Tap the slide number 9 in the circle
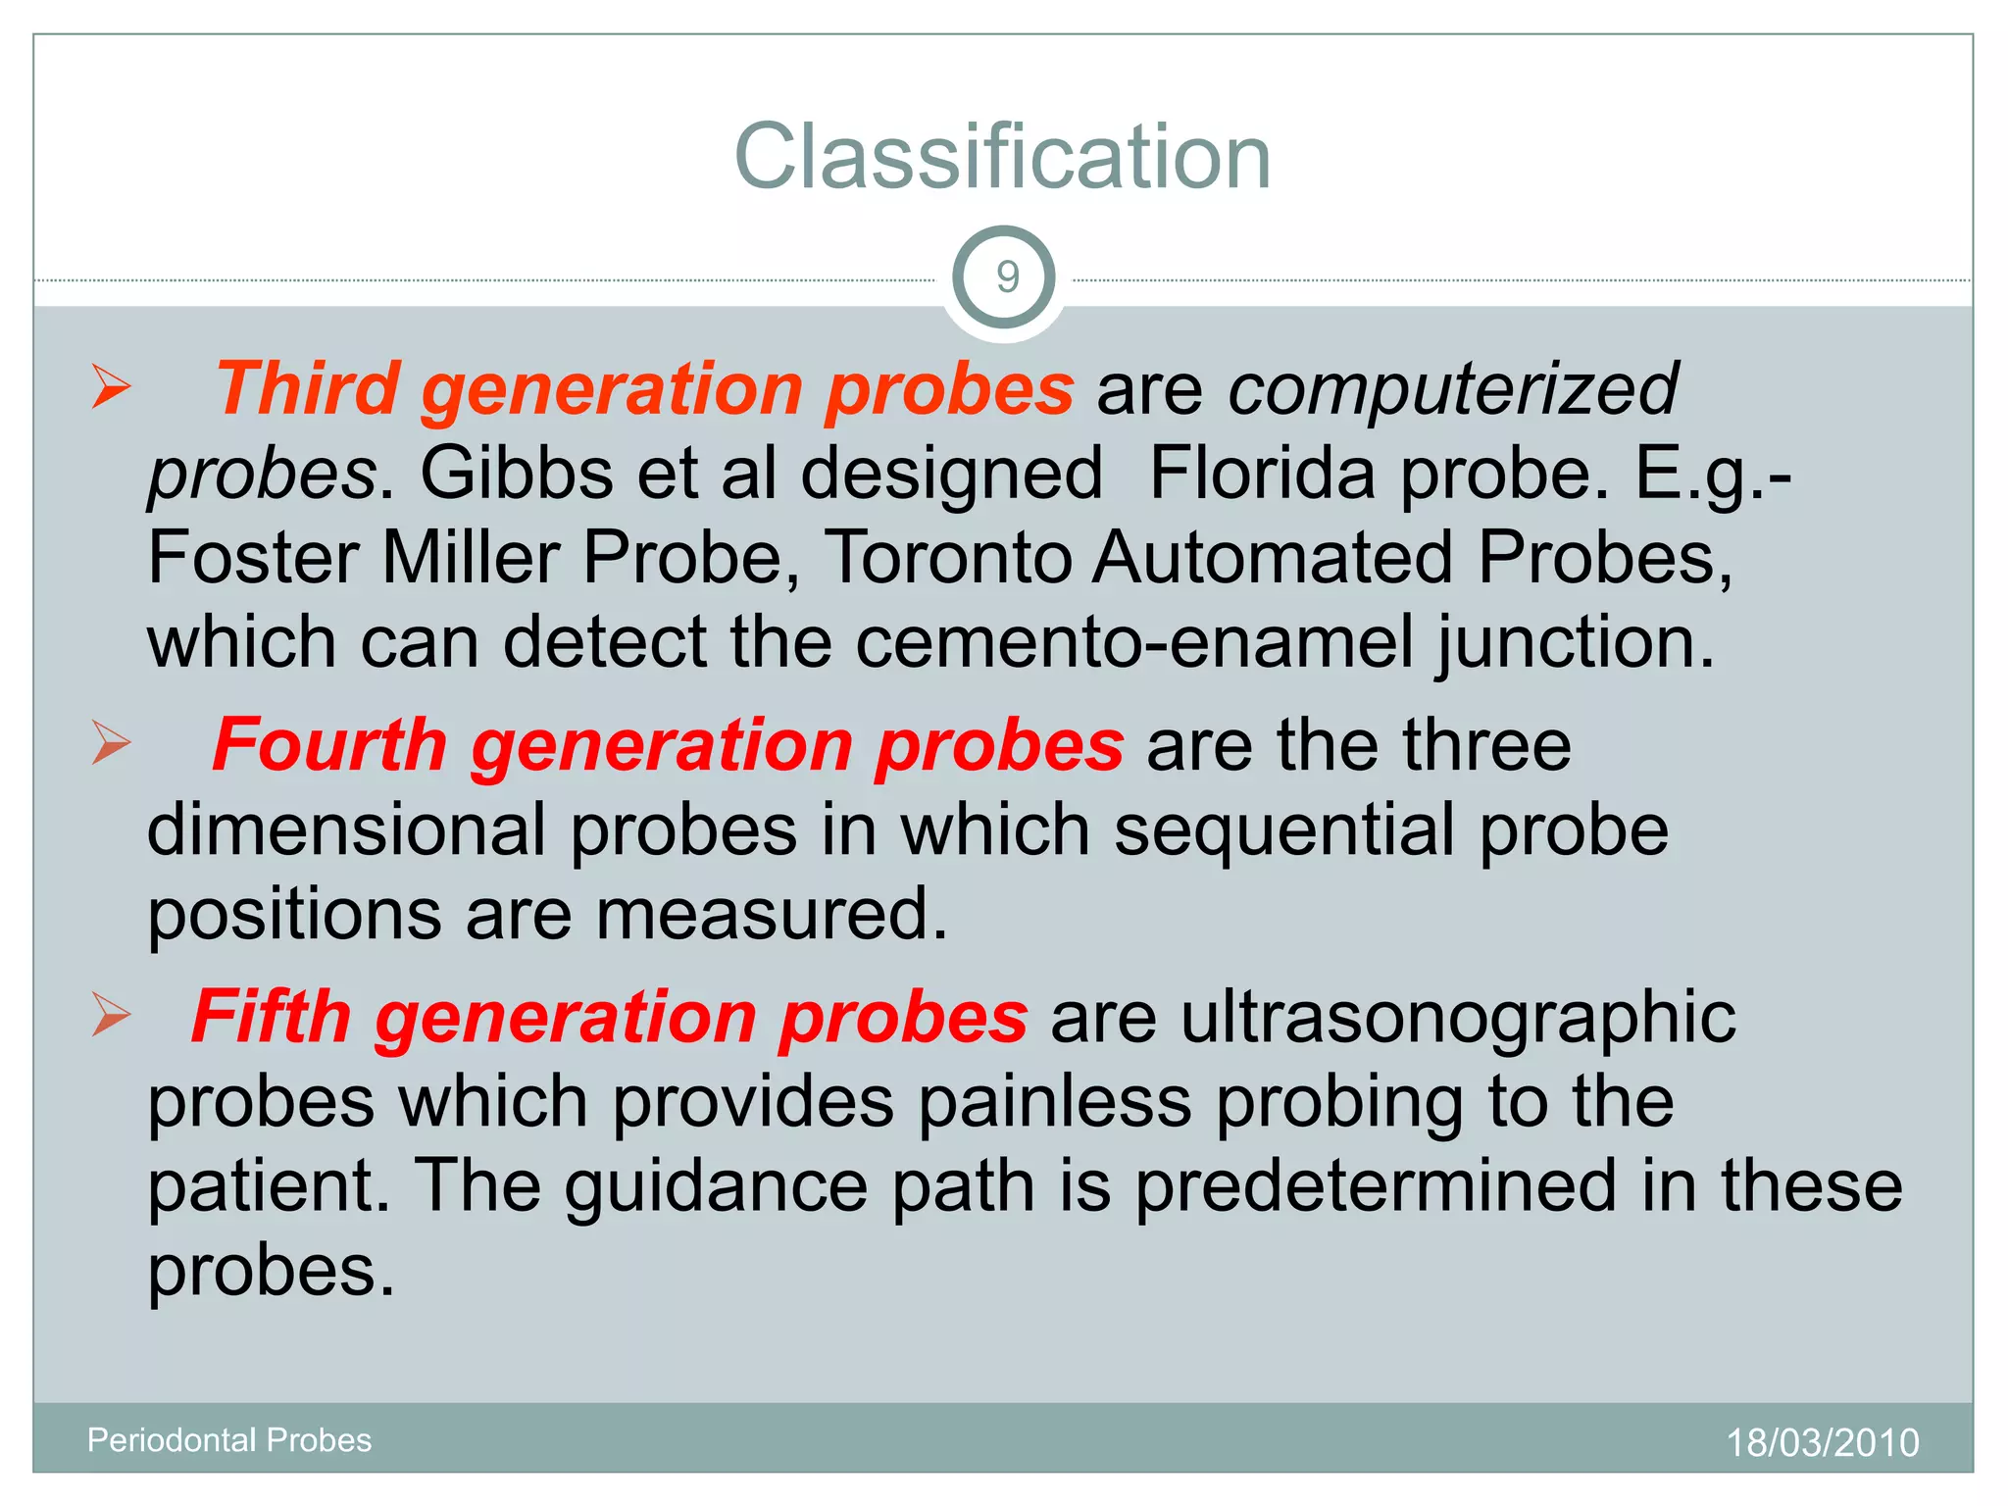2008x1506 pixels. click(1006, 277)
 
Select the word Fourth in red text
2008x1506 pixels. click(329, 745)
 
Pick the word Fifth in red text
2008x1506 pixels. click(272, 1017)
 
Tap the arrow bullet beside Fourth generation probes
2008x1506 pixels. click(111, 742)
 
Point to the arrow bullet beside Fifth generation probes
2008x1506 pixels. click(111, 1014)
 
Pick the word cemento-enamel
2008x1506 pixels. click(1134, 643)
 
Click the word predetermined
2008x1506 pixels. click(1376, 1186)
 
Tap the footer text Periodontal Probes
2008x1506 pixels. click(229, 1439)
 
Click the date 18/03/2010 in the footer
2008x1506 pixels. click(1822, 1443)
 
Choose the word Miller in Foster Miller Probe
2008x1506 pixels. click(470, 559)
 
